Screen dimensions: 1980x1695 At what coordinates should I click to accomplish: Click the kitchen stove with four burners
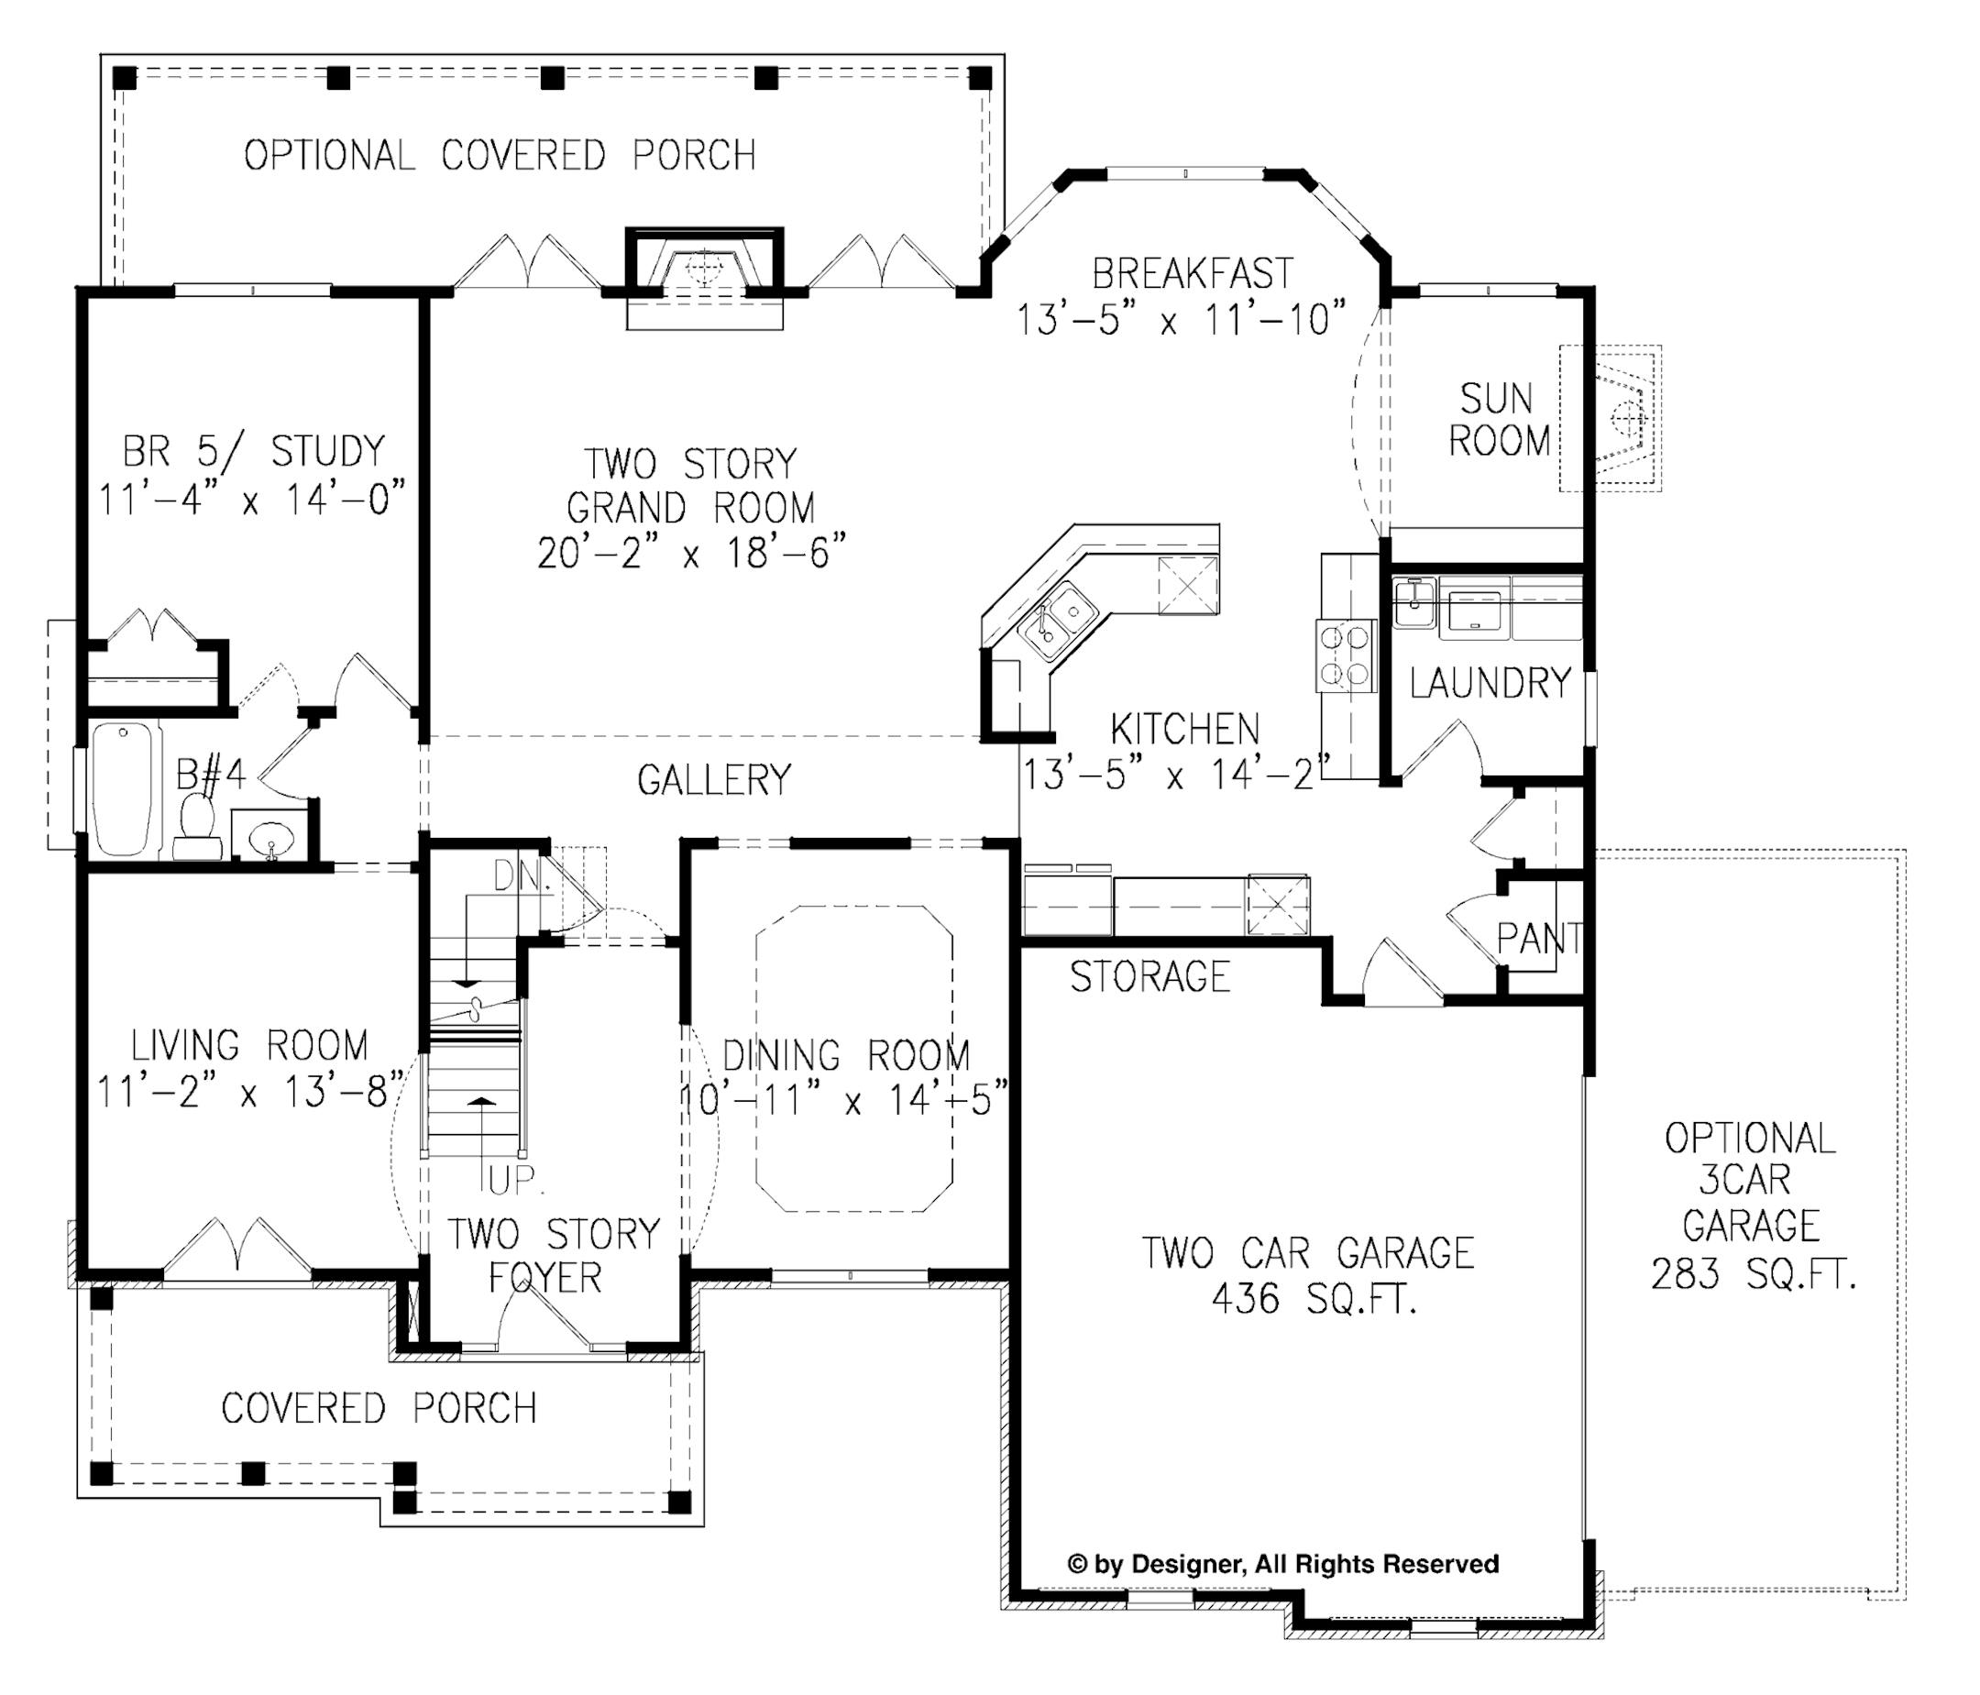point(1347,655)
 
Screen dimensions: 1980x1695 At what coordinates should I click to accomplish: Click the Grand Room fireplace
point(704,270)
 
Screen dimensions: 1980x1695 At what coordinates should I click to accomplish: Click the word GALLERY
point(715,779)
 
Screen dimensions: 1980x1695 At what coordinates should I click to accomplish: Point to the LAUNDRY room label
point(1490,682)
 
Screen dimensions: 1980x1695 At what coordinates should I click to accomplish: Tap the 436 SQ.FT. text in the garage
point(1314,1298)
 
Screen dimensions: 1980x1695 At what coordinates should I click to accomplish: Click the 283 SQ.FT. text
point(1754,1273)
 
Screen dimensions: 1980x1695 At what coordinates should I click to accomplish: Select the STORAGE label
point(1150,976)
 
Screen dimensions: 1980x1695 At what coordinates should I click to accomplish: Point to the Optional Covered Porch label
point(500,155)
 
